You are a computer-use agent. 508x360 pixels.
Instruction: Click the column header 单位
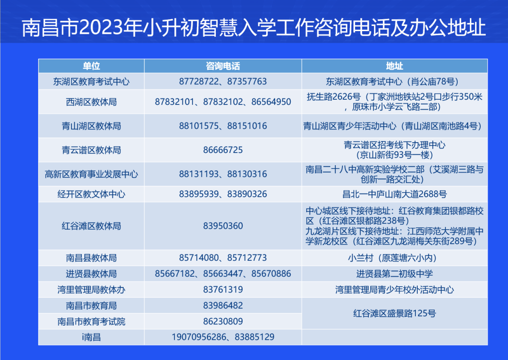click(91, 66)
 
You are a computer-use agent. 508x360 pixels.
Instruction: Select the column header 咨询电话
click(223, 66)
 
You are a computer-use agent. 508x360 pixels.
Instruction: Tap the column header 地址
click(394, 66)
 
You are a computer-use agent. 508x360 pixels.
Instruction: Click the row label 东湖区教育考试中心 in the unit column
click(91, 81)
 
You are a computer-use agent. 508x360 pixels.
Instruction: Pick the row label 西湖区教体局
click(91, 102)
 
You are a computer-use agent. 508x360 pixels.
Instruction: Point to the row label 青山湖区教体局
click(91, 126)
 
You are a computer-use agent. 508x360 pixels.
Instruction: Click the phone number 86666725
click(223, 150)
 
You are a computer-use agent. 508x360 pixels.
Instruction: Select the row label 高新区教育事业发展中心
click(91, 174)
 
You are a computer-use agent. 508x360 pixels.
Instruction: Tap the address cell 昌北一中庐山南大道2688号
click(394, 194)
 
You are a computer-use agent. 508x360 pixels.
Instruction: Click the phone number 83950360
click(223, 226)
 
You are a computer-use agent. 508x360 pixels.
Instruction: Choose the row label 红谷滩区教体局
click(91, 226)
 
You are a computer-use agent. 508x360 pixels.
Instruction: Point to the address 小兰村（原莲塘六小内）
click(394, 258)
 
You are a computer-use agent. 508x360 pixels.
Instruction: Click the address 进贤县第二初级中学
click(394, 274)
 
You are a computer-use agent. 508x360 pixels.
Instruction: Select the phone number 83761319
click(223, 290)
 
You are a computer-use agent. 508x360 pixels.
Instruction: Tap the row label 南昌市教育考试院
click(91, 322)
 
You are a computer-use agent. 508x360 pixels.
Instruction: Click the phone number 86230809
click(223, 322)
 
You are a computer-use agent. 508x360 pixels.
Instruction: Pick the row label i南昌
click(91, 337)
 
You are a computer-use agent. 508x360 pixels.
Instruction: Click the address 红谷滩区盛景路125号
click(394, 313)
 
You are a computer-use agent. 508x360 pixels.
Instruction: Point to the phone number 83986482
click(223, 306)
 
